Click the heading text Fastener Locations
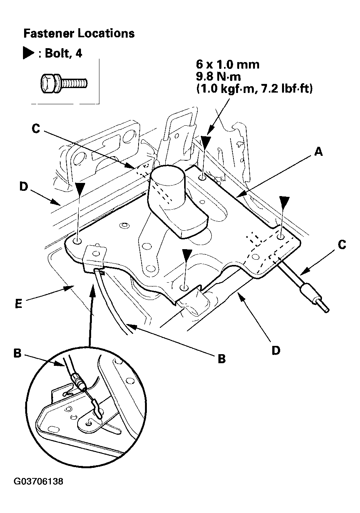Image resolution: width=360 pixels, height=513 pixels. click(x=79, y=33)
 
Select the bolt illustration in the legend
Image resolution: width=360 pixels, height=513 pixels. click(x=64, y=83)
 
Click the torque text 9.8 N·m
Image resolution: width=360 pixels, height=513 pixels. click(x=218, y=76)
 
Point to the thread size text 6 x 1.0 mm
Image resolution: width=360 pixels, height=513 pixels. click(x=227, y=65)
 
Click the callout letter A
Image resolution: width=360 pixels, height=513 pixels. click(x=318, y=152)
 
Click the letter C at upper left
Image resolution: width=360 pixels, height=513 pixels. click(x=36, y=129)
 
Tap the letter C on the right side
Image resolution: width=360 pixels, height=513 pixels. click(x=342, y=245)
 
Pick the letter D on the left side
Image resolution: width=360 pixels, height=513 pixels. click(x=24, y=187)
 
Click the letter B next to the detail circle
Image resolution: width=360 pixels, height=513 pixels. click(x=17, y=353)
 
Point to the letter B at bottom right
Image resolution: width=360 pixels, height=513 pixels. click(x=221, y=359)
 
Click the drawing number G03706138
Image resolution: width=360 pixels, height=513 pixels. click(x=38, y=481)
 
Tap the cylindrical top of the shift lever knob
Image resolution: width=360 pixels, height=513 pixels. click(x=168, y=174)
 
